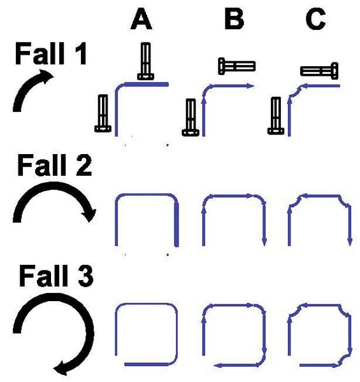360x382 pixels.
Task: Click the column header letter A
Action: pyautogui.click(x=141, y=19)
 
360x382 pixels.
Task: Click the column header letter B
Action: pyautogui.click(x=234, y=19)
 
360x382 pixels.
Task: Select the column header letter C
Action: pyautogui.click(x=316, y=19)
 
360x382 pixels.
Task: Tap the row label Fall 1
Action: pyautogui.click(x=51, y=53)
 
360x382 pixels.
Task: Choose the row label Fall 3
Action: pyautogui.click(x=56, y=276)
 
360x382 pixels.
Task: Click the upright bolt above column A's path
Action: pyautogui.click(x=146, y=61)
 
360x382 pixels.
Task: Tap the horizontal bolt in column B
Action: pyautogui.click(x=236, y=66)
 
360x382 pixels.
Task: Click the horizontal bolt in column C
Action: pyautogui.click(x=319, y=71)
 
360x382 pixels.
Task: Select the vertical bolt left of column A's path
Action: pyautogui.click(x=103, y=113)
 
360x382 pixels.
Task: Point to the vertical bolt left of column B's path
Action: pyautogui.click(x=191, y=117)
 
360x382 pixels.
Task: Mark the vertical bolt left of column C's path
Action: pyautogui.click(x=276, y=115)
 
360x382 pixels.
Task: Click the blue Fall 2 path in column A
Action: pyautogui.click(x=147, y=195)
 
